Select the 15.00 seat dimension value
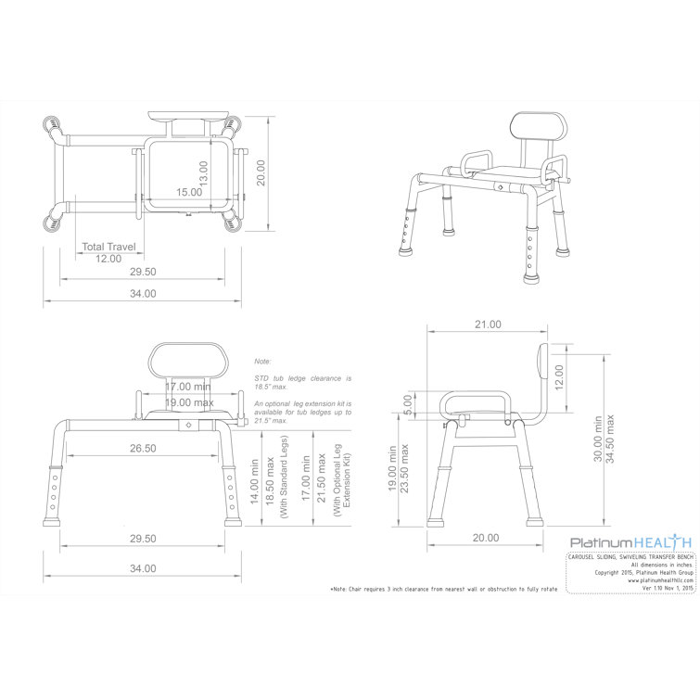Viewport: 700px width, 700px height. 189,193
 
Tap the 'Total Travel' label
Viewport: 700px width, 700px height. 109,247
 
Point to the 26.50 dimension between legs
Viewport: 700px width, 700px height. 144,448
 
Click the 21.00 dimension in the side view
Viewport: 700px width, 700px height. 488,325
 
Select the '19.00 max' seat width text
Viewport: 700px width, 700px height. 189,402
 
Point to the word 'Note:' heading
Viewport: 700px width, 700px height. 263,360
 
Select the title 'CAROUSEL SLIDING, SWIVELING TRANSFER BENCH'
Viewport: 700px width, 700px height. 630,557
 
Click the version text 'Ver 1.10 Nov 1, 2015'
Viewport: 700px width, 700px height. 655,590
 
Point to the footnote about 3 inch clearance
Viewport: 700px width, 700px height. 443,590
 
